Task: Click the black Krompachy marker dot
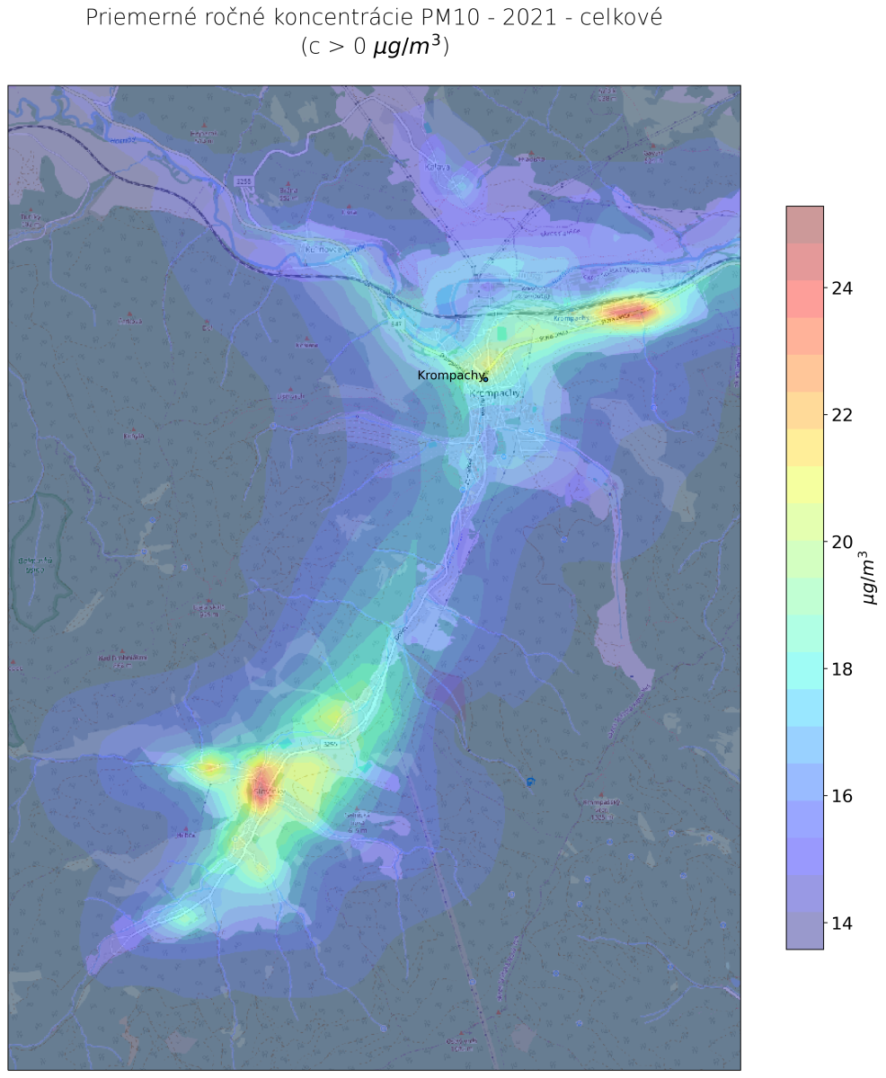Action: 485,379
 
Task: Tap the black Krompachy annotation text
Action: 451,375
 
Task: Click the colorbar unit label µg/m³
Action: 869,579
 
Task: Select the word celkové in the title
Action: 621,18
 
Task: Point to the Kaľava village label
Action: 438,166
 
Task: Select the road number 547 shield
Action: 395,323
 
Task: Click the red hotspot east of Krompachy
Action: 625,312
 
